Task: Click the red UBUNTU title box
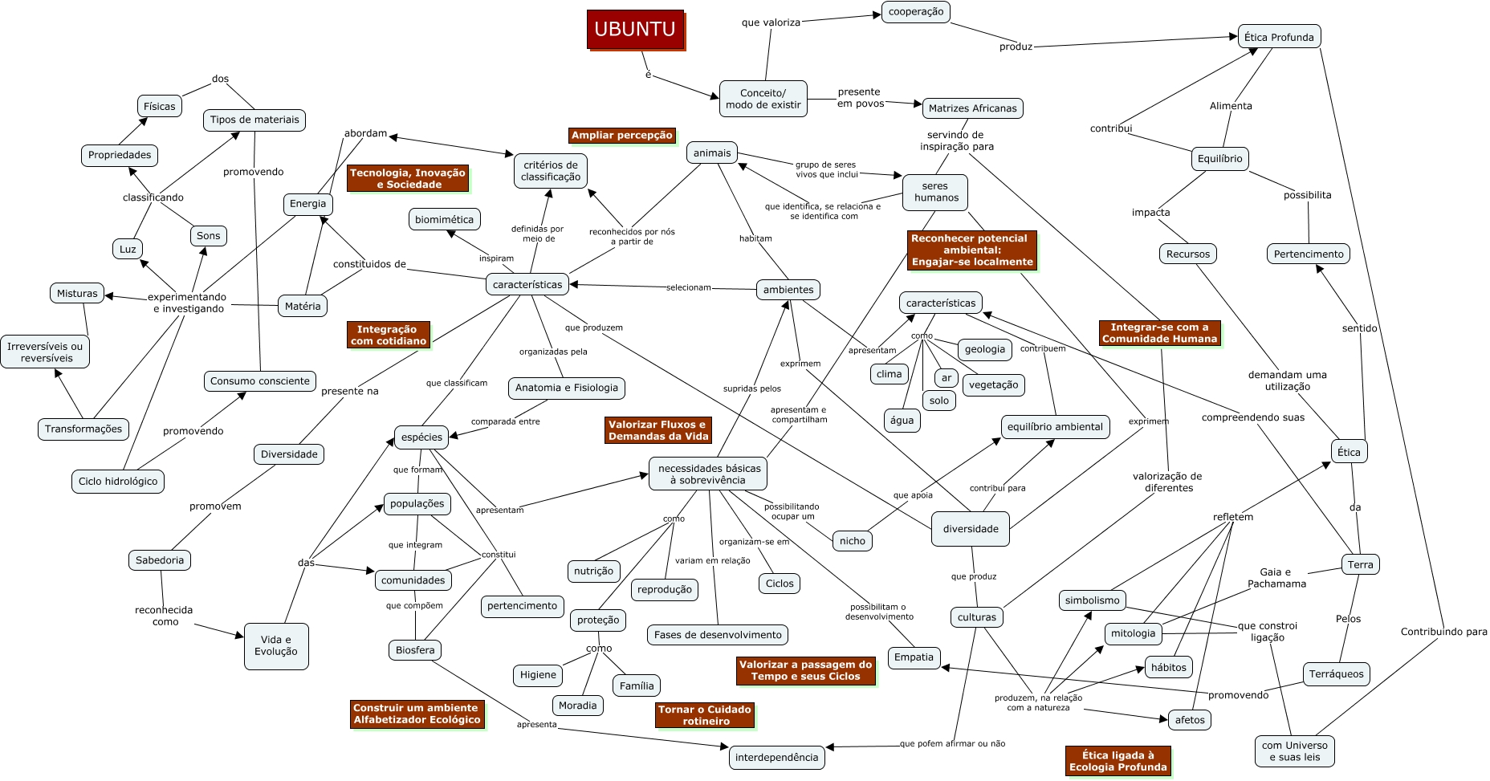click(x=635, y=30)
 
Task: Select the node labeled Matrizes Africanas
click(x=972, y=108)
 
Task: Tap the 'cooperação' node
click(x=916, y=12)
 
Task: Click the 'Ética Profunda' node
click(x=1279, y=37)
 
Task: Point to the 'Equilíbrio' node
click(x=1219, y=159)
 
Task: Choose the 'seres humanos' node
click(x=935, y=192)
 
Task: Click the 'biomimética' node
click(x=444, y=220)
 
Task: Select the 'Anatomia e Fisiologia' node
click(x=567, y=388)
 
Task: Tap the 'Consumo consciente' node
click(x=259, y=381)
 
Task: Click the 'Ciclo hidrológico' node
click(x=118, y=482)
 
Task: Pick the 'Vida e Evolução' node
click(x=276, y=646)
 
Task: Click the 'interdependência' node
click(x=777, y=758)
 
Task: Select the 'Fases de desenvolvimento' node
click(x=718, y=635)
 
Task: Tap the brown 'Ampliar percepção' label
click(x=622, y=136)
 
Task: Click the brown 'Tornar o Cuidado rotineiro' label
click(x=706, y=715)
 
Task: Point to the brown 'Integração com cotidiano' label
click(x=388, y=335)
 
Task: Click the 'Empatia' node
click(x=914, y=657)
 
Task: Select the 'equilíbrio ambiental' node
click(x=1055, y=427)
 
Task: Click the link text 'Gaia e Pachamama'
click(x=1276, y=578)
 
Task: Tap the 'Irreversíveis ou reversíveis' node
click(x=45, y=352)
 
